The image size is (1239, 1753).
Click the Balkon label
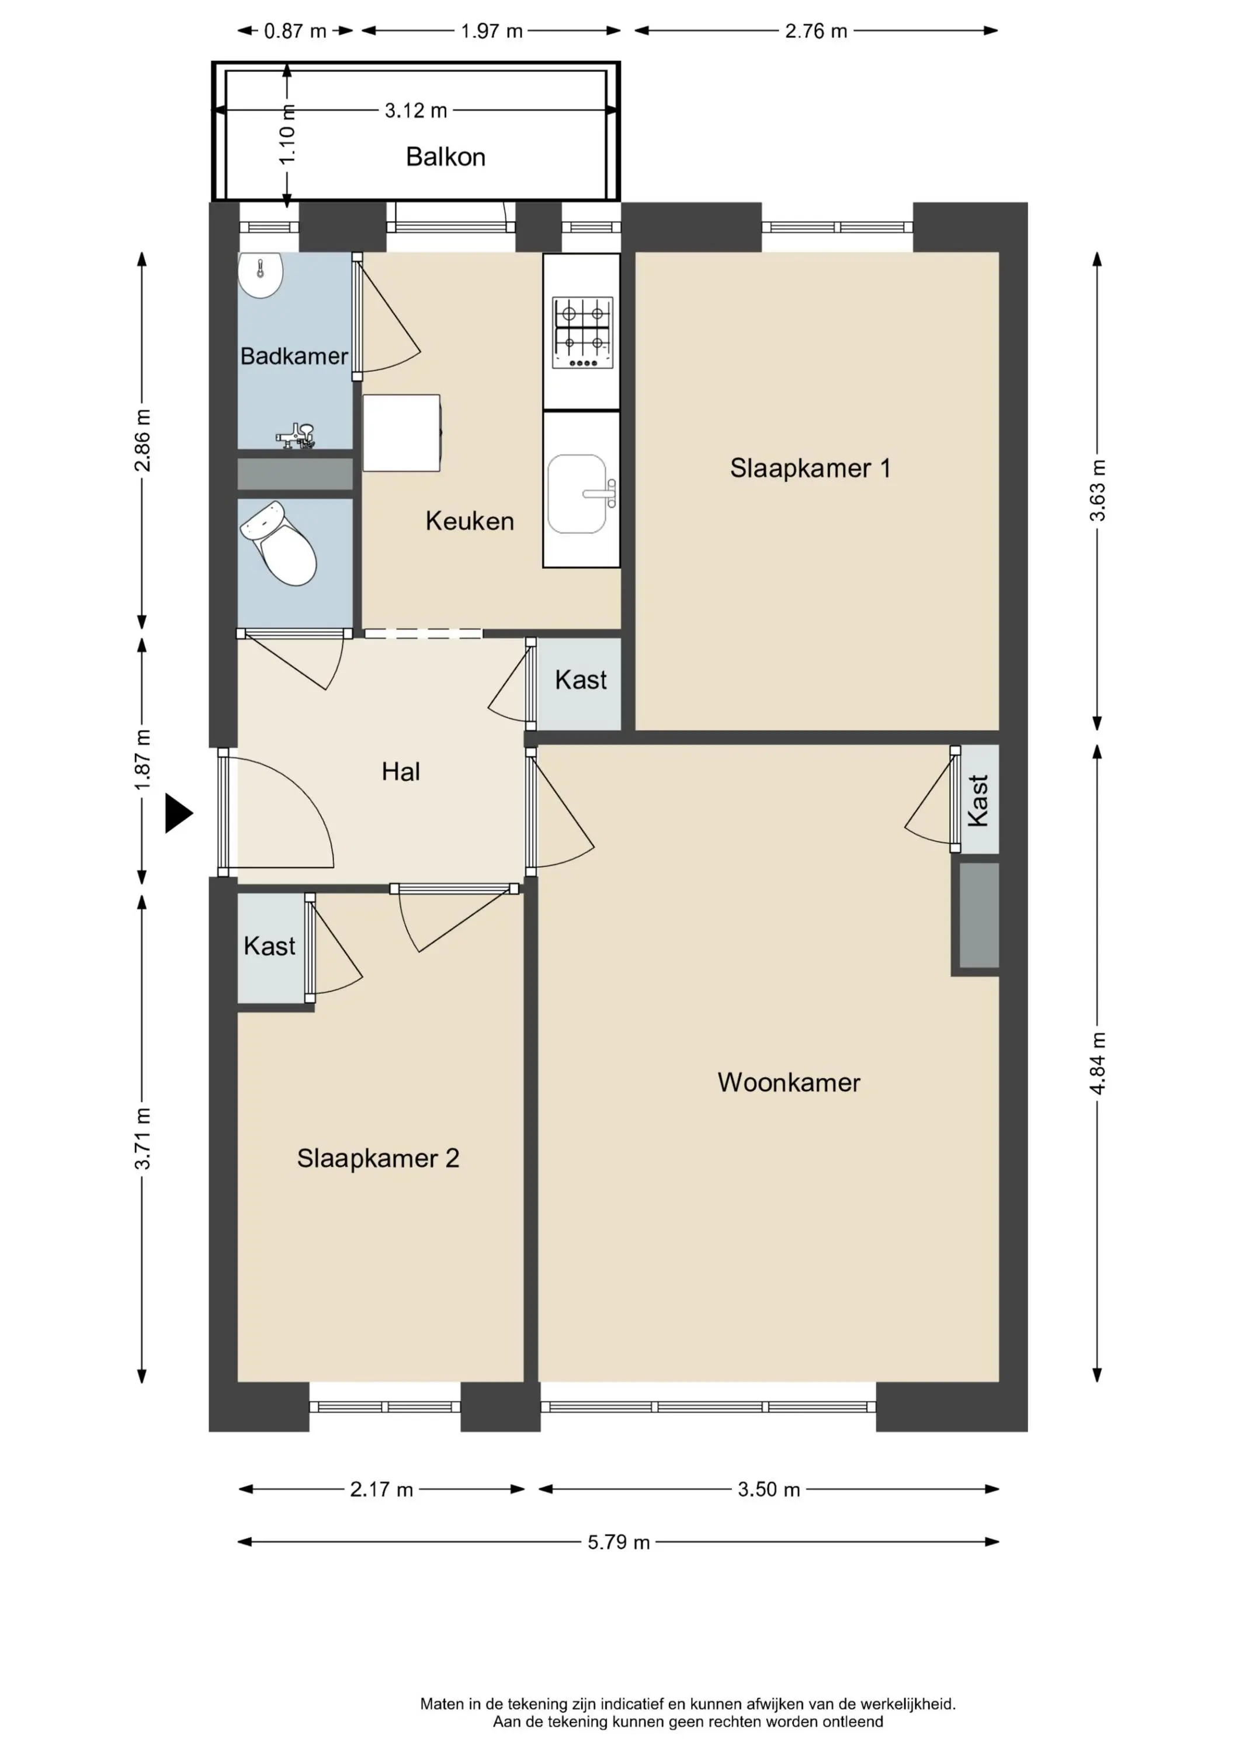tap(445, 157)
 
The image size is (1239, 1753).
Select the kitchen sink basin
tap(577, 493)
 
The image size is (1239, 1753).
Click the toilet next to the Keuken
tap(279, 543)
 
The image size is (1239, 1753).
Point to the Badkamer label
tap(294, 356)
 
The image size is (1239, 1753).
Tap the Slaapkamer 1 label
tap(810, 467)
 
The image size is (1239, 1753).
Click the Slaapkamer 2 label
tap(378, 1158)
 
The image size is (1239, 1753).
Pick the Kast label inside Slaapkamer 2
tap(269, 946)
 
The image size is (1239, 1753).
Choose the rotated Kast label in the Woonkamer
tap(978, 800)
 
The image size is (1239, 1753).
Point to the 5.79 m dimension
tap(619, 1542)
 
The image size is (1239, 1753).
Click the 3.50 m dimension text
tap(769, 1489)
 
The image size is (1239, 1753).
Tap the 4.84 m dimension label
tap(1097, 1063)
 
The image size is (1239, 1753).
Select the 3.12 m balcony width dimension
tap(415, 110)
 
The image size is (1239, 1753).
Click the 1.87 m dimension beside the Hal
tap(143, 760)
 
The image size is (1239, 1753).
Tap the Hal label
tap(401, 771)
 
